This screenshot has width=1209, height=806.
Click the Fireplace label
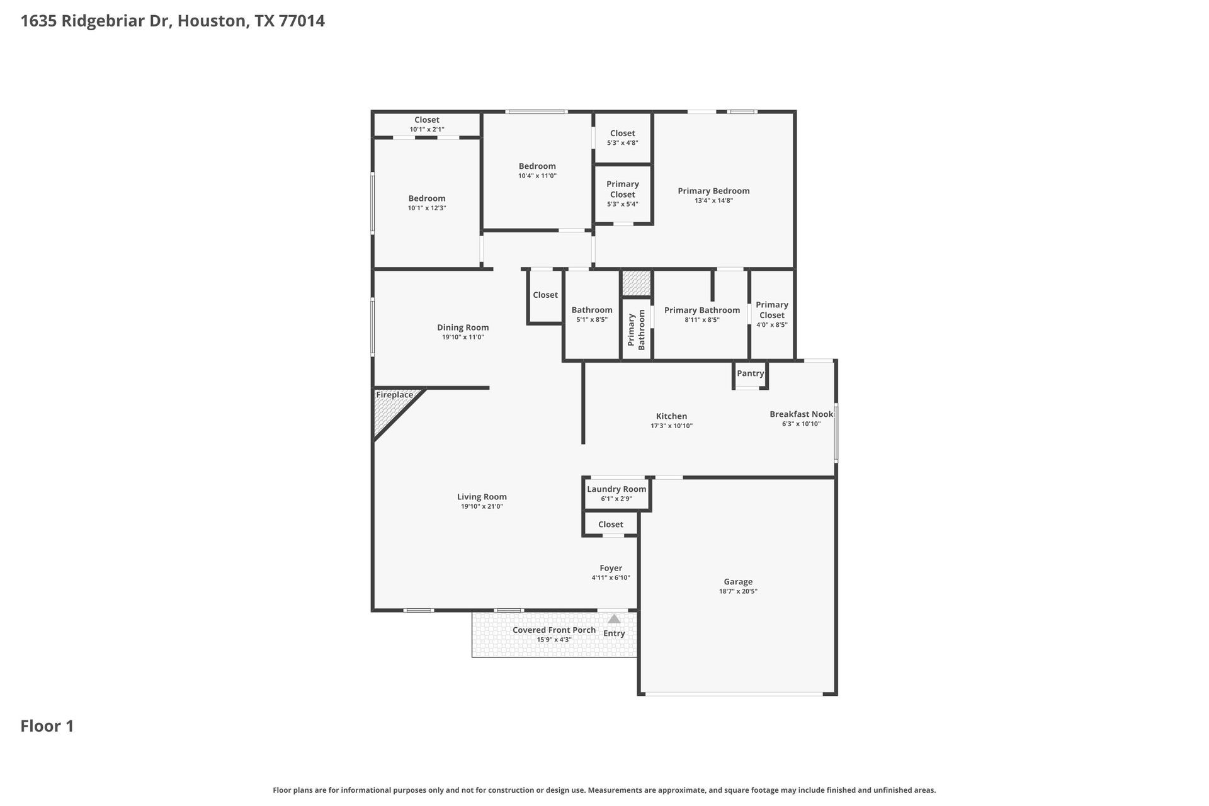pos(394,395)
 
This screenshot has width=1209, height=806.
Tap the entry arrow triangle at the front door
pos(614,620)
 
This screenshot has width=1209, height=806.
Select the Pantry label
pos(750,373)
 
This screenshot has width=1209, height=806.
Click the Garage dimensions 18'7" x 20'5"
pos(738,591)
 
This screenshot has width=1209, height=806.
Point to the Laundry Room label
pos(616,489)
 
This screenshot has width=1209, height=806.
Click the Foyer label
pos(611,568)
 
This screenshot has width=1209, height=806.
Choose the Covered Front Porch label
pos(553,630)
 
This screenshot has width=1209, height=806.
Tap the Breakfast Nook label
pos(801,414)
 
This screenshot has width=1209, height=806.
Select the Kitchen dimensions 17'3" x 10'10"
pos(671,426)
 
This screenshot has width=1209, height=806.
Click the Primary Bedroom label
pos(713,191)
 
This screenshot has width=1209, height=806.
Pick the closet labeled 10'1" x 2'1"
pos(427,124)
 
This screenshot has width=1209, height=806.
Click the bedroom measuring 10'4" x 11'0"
pos(537,171)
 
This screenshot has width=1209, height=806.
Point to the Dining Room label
pos(463,327)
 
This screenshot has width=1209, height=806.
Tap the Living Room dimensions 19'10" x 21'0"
pos(482,506)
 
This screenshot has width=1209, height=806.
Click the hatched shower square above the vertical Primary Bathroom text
pos(636,283)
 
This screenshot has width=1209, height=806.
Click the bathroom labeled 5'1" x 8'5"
pos(592,314)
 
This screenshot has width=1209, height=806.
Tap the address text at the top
pos(173,21)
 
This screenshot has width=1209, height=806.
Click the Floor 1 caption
pos(47,726)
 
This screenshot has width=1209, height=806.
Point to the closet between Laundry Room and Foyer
pos(610,525)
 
